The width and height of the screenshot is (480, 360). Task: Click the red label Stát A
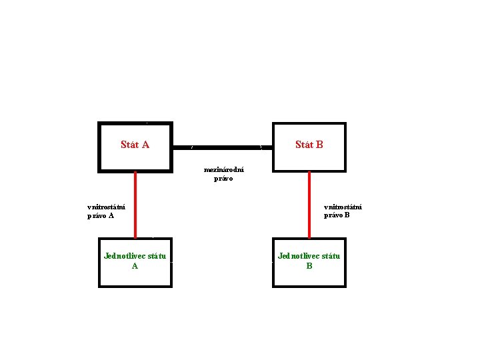click(x=135, y=145)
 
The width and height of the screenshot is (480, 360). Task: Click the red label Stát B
click(x=309, y=145)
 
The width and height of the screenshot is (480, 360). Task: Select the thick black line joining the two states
click(x=222, y=146)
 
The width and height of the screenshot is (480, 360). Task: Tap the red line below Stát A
click(x=135, y=204)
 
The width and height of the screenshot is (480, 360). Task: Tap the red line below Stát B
click(x=309, y=204)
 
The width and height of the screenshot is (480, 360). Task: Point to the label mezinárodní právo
click(x=223, y=174)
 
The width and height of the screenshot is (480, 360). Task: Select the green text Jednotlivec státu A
click(x=135, y=261)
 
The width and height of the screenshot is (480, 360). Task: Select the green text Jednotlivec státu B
click(x=309, y=261)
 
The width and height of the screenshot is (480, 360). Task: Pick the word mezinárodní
click(x=223, y=170)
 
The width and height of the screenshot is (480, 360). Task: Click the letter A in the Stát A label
click(x=145, y=145)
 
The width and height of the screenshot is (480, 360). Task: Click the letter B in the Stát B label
click(x=319, y=145)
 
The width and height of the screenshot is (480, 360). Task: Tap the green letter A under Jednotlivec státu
click(x=135, y=266)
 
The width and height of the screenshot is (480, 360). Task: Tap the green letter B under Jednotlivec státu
click(x=309, y=266)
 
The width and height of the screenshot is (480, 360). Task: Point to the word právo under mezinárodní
click(x=223, y=179)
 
